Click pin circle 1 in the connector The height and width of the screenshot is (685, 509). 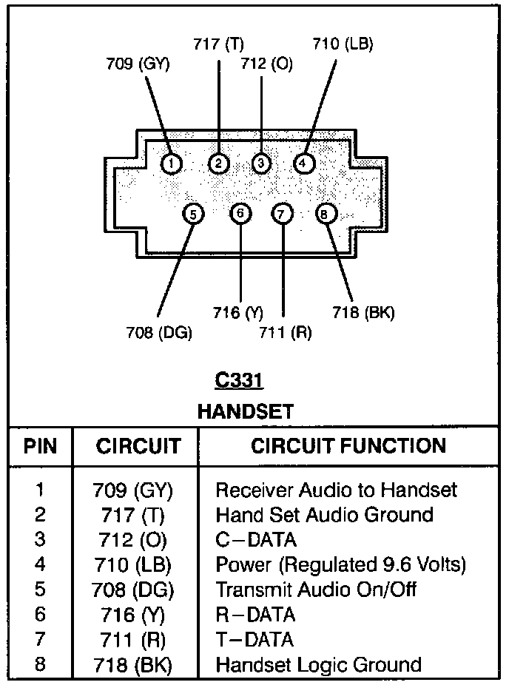(172, 163)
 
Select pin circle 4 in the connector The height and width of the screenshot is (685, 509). (303, 163)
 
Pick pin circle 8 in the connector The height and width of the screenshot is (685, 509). (326, 214)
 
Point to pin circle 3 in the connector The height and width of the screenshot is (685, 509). (261, 163)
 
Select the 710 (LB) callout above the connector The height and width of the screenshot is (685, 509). (343, 44)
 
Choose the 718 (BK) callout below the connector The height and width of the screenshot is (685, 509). (363, 313)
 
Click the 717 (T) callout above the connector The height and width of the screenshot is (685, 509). (219, 44)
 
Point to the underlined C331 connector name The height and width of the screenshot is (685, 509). (239, 381)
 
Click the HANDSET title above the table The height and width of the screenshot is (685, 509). (245, 411)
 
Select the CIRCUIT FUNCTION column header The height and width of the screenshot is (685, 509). (348, 446)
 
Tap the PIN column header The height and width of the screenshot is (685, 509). (40, 446)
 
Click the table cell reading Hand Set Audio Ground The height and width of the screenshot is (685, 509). (324, 514)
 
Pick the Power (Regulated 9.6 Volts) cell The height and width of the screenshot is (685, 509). (340, 565)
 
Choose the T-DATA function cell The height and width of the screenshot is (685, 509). (254, 639)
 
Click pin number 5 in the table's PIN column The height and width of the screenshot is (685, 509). (40, 590)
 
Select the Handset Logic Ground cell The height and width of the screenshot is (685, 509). (318, 664)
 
